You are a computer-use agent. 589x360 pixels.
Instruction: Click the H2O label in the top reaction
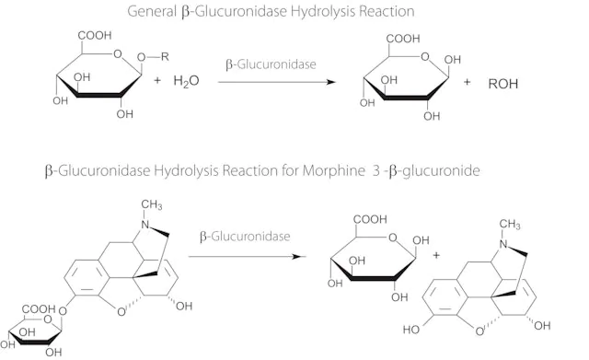coord(186,81)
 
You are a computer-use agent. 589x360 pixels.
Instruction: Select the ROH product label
coord(503,84)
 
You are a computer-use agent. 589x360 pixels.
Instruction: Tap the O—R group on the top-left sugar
coord(153,57)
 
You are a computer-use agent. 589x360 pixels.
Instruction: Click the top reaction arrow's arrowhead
coord(330,82)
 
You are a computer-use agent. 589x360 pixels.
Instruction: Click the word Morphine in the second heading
coord(334,170)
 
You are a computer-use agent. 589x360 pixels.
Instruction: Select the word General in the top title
coord(152,12)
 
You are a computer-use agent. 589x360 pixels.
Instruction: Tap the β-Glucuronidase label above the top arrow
coord(271,64)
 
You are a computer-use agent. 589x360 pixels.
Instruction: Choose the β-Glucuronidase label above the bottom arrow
coord(245,237)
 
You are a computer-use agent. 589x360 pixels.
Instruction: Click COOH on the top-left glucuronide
coord(95,35)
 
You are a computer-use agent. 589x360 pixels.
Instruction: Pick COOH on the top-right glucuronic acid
coord(403,39)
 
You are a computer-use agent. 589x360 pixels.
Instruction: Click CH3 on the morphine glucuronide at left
coord(152,204)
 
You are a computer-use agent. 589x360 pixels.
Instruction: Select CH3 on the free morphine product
coord(510,225)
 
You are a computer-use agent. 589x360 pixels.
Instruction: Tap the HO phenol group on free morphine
coord(411,330)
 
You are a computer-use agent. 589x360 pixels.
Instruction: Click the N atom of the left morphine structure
coord(145,225)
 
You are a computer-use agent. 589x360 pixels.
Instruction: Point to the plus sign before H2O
coord(157,80)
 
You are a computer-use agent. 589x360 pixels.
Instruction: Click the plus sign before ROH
coord(467,82)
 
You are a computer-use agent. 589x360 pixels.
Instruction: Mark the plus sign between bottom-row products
coord(436,255)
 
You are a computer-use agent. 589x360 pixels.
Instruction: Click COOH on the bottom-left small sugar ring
coord(39,308)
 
